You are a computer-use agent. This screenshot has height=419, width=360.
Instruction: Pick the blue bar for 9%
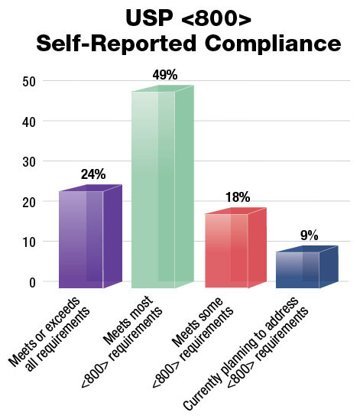pos(297,269)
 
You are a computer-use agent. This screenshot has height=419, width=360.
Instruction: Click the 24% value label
pos(92,174)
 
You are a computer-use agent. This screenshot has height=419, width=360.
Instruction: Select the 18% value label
pos(238,198)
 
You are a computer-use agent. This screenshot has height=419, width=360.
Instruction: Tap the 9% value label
pos(310,235)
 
